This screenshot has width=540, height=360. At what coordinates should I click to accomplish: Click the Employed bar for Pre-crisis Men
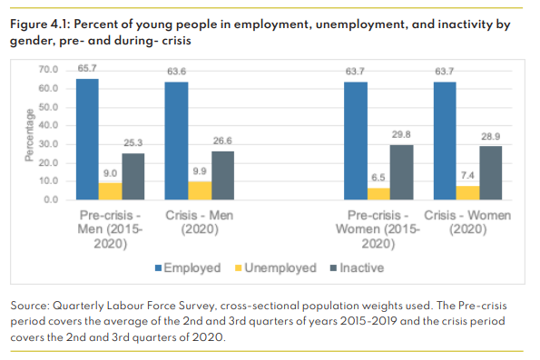[87, 139]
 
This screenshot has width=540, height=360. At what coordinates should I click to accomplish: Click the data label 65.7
[87, 70]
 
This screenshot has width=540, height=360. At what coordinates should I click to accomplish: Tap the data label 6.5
[378, 180]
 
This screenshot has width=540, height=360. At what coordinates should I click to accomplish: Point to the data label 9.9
[200, 173]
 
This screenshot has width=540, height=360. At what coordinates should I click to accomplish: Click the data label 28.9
[490, 138]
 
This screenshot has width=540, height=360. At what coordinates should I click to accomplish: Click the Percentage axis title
[28, 135]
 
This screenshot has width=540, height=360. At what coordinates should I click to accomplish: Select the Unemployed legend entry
[278, 268]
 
